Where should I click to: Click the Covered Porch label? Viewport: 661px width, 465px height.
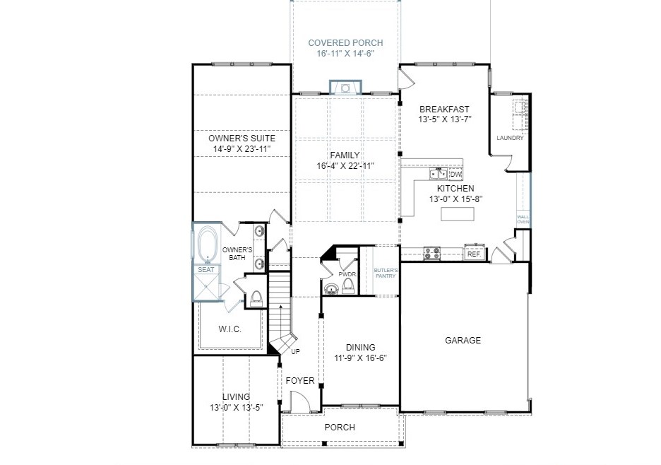[x=345, y=42]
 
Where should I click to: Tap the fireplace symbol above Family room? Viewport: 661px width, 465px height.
[x=345, y=87]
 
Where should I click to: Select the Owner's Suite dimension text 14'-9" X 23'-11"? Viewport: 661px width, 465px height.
[x=242, y=149]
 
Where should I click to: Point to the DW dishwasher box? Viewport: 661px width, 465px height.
[x=455, y=174]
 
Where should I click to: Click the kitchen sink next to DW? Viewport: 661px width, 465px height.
[x=439, y=173]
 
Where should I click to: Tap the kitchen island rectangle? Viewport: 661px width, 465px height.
[x=458, y=214]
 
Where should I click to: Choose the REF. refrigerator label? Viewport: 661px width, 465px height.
[x=475, y=254]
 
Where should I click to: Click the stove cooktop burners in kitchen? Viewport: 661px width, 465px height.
[x=432, y=253]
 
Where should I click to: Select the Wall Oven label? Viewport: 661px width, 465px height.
[x=523, y=219]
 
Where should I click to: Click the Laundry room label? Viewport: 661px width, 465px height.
[x=510, y=138]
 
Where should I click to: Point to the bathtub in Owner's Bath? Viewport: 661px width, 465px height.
[x=207, y=245]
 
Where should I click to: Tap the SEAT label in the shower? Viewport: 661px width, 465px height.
[x=206, y=270]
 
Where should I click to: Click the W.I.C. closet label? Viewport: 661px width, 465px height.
[x=230, y=329]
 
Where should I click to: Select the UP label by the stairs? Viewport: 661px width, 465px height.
[x=295, y=351]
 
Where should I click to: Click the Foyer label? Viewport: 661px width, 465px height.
[x=300, y=381]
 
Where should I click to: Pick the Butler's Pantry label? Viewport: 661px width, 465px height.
[x=386, y=273]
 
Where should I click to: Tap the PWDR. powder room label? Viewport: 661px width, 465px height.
[x=347, y=274]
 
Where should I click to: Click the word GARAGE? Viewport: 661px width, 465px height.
[x=463, y=340]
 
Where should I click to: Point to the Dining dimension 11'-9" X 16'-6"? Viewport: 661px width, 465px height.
[x=360, y=358]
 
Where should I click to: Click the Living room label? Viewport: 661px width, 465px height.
[x=236, y=396]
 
